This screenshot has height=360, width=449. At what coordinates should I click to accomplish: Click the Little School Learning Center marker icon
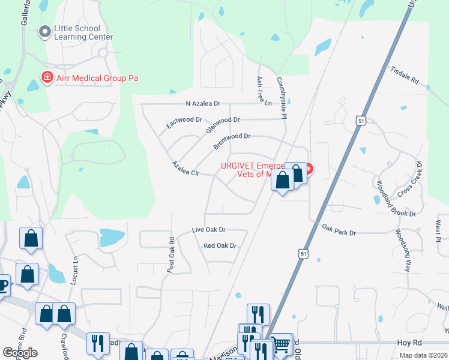tap(45, 32)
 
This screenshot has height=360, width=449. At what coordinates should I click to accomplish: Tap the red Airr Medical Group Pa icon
tap(46, 77)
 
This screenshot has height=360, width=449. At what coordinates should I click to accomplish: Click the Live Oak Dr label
tap(208, 230)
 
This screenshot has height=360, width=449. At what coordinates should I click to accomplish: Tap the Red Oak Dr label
tap(220, 246)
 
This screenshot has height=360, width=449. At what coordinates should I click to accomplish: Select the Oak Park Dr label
tap(339, 229)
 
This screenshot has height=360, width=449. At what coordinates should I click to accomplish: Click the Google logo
tap(20, 353)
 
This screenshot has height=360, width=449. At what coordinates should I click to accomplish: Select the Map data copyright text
tap(423, 355)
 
